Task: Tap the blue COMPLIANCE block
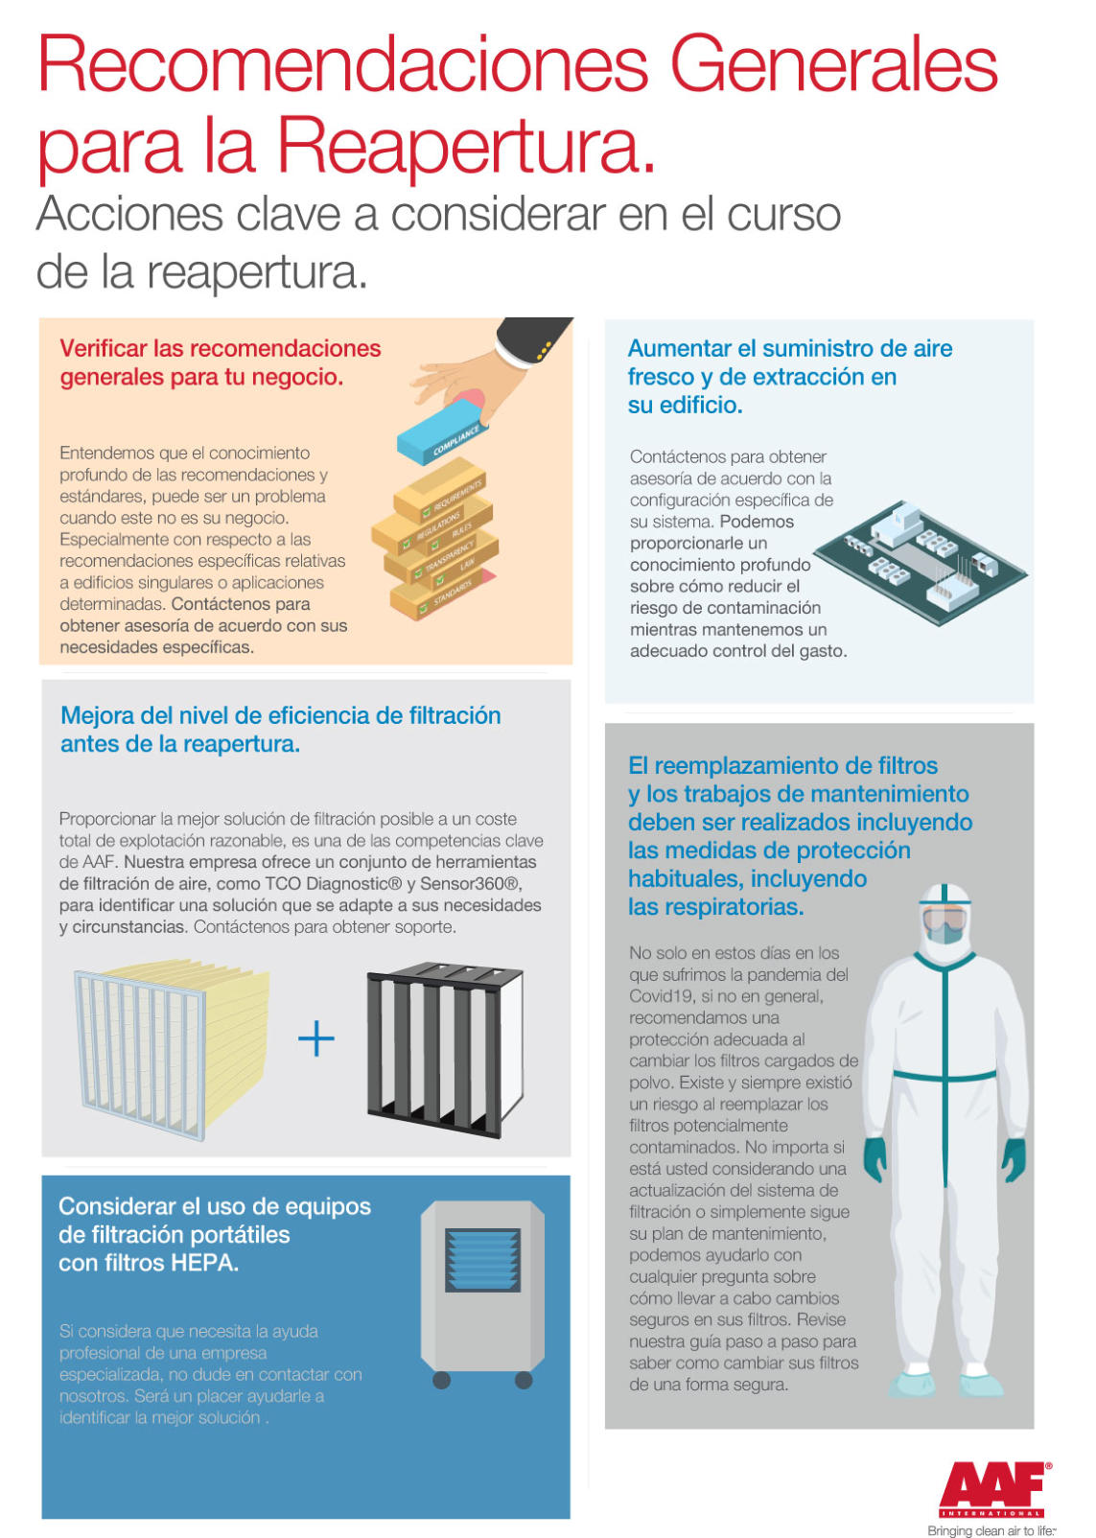coord(441,435)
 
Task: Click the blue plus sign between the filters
coord(316,1038)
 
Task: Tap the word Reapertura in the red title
coord(466,145)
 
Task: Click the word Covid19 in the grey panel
coord(657,996)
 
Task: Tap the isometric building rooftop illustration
coord(920,562)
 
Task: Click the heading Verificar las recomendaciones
coord(221,348)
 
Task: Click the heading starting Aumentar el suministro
coord(790,376)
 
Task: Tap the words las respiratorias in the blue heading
coord(715,907)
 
